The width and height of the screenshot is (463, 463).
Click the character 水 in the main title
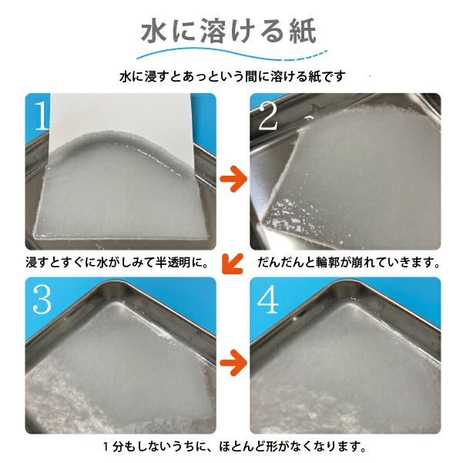pos(155,33)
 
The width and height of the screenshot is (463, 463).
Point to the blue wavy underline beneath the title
pos(231,56)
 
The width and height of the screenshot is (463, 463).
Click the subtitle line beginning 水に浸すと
pos(231,77)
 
